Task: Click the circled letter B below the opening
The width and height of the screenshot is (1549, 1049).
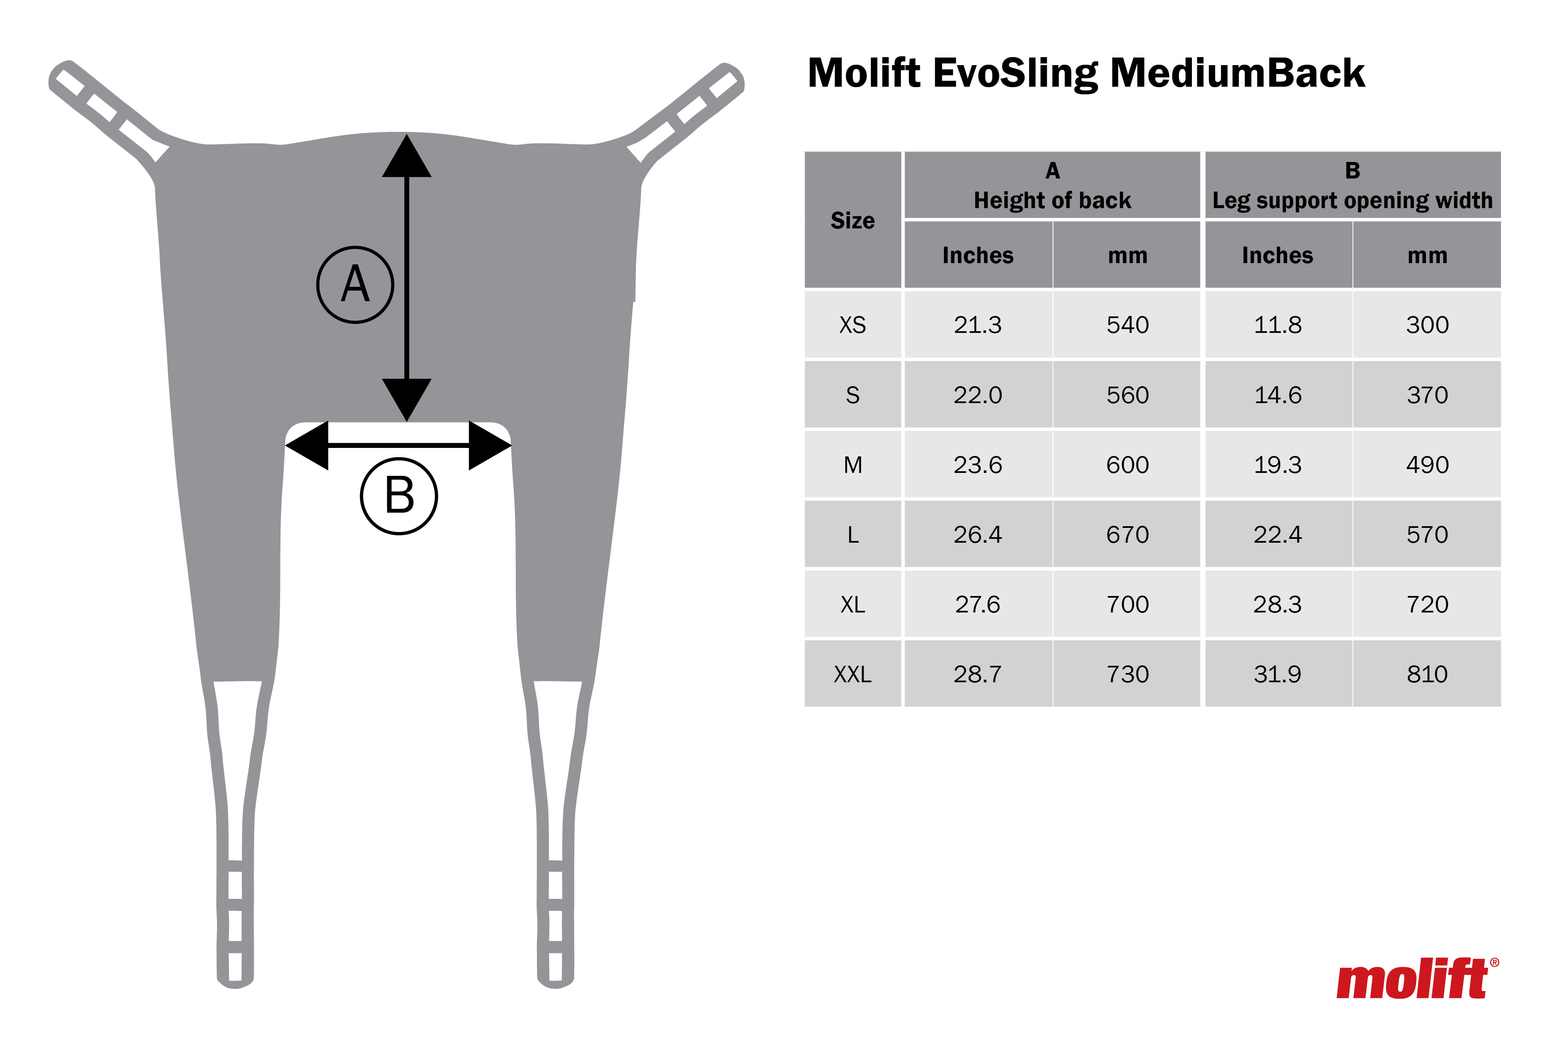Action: [x=399, y=496]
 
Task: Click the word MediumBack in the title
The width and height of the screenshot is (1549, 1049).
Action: [x=1237, y=73]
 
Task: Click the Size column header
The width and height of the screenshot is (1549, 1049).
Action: [x=853, y=221]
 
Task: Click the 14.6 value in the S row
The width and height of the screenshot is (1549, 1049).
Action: [x=1277, y=395]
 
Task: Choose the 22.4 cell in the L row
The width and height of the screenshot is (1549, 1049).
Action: [x=1277, y=535]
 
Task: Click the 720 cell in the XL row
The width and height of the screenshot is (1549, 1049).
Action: [x=1427, y=604]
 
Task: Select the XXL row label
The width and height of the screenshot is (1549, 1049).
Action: [x=853, y=675]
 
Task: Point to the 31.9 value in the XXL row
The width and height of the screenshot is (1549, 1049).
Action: [x=1277, y=675]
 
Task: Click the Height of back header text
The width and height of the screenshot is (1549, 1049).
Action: [x=1052, y=200]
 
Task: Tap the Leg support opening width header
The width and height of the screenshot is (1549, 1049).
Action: [x=1352, y=200]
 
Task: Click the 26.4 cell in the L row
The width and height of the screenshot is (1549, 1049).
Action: [x=977, y=535]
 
